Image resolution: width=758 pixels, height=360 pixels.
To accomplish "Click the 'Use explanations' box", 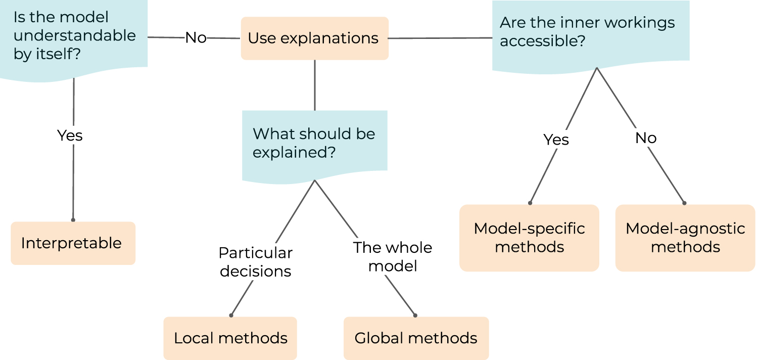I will coord(314,38).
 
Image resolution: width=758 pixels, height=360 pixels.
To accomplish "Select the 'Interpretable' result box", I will coord(73,243).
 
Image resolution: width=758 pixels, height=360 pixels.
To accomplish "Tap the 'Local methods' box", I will coord(230,338).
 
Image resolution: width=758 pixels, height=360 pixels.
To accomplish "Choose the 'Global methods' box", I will coord(416,338).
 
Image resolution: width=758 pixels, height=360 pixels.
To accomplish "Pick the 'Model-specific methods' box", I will coord(529,238).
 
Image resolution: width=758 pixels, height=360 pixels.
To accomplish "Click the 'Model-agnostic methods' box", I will coord(685,238).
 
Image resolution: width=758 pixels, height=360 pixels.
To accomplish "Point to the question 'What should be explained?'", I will coord(314,143).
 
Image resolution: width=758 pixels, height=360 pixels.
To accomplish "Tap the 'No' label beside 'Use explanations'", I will coord(196,38).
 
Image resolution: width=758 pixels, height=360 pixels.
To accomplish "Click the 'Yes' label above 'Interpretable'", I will coord(70,136).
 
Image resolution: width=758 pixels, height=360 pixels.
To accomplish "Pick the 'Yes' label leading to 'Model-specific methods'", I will coord(556,140).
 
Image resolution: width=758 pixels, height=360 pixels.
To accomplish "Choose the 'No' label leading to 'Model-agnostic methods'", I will coord(646,138).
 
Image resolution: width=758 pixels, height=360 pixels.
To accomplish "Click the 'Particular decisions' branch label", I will coord(255,262).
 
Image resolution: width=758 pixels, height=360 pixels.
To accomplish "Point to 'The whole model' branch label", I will coord(393,257).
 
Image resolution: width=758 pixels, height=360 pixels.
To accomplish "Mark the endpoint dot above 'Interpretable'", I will coord(73,220).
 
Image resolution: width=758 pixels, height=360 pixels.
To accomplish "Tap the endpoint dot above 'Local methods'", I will coord(231,315).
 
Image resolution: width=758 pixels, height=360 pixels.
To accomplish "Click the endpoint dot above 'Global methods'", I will coord(415,315).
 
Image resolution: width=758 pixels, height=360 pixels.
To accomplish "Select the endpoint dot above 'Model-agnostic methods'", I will coord(685,203).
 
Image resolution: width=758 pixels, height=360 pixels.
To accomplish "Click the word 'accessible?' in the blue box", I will coord(539,41).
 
